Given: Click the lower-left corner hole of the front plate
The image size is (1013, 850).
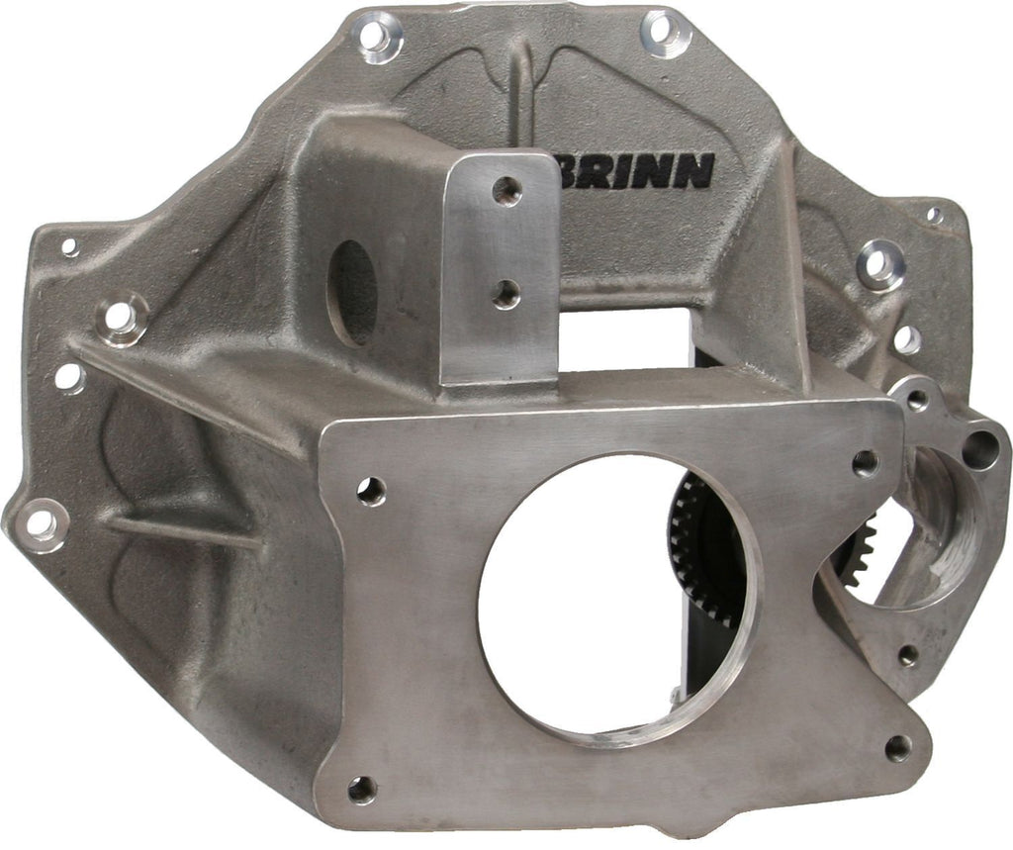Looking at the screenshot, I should click(362, 789).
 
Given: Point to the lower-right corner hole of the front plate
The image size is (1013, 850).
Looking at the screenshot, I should click(898, 747).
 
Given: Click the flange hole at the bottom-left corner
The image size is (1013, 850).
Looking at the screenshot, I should click(41, 522).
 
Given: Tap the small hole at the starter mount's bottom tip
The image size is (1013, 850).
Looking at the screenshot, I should click(907, 654).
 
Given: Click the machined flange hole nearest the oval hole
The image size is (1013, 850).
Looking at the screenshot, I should click(119, 318).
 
